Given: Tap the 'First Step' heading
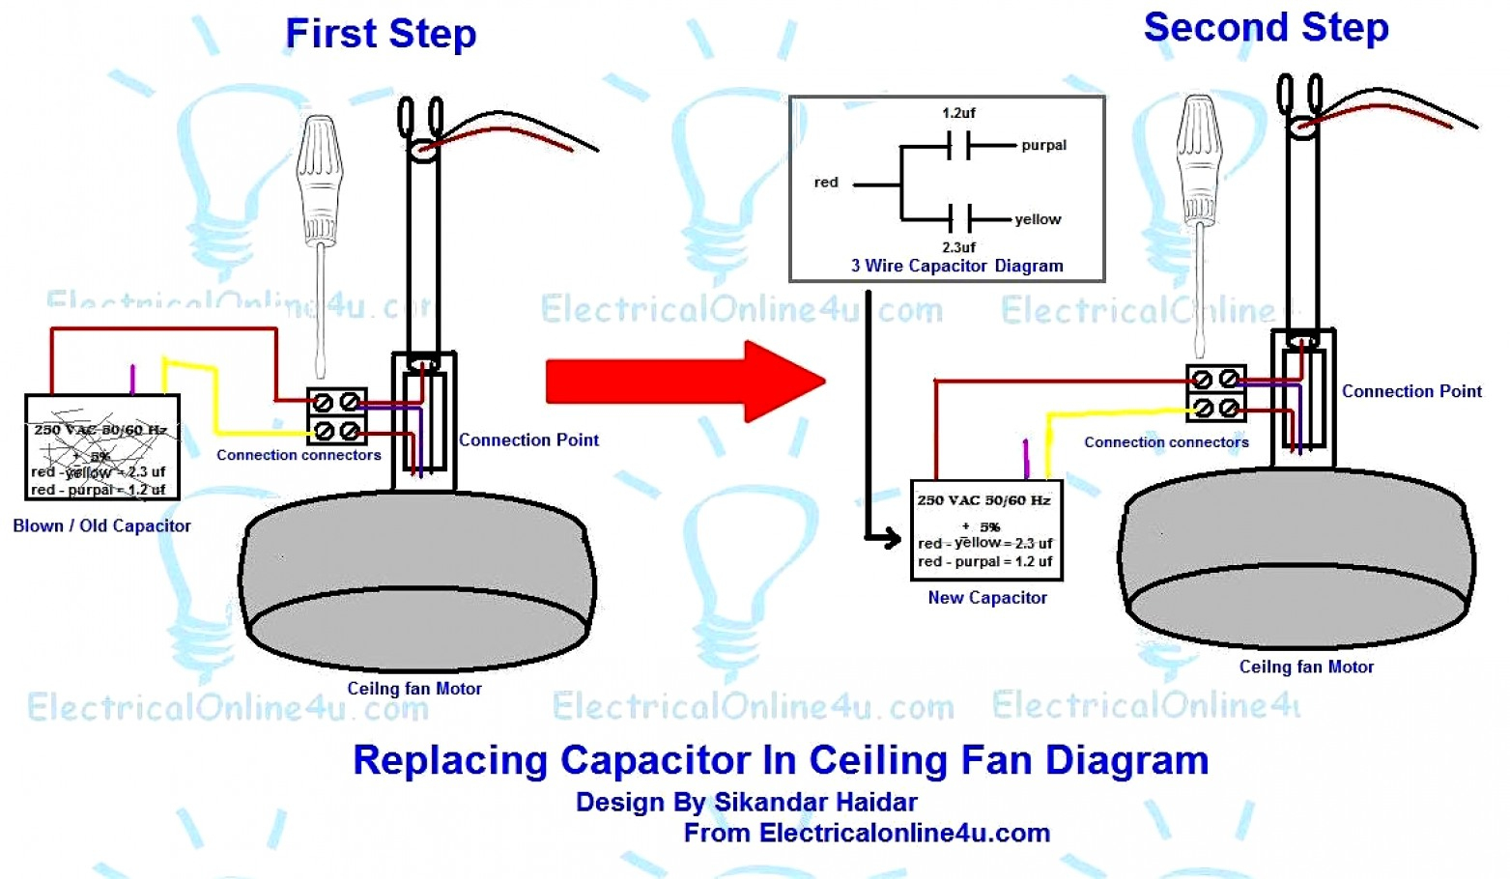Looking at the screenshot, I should [x=381, y=34].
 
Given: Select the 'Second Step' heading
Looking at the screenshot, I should [x=1266, y=28].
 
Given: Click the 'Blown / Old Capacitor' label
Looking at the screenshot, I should [x=101, y=526].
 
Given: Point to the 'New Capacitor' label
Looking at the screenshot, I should [x=986, y=598].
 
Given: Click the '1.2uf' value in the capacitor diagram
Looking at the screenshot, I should [x=958, y=113].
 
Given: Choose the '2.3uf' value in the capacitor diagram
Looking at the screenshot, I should [x=958, y=247].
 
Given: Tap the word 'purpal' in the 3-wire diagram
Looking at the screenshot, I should [x=1043, y=146].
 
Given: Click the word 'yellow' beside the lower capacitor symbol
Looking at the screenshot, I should [x=1038, y=220].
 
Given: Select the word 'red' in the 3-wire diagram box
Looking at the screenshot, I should [x=826, y=183].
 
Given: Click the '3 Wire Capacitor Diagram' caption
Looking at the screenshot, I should [x=956, y=267].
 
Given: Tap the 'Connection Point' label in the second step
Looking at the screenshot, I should [x=1410, y=391].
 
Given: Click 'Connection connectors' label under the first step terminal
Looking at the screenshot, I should [x=299, y=455].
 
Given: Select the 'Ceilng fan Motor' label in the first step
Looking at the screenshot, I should [x=414, y=689].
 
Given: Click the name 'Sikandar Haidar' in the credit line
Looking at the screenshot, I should [x=815, y=803].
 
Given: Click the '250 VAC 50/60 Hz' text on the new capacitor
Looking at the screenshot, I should [x=983, y=500].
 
